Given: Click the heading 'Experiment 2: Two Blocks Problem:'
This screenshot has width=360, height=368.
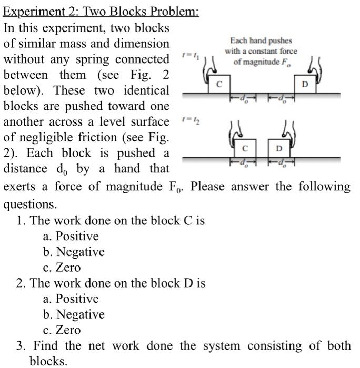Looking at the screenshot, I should click(x=102, y=11).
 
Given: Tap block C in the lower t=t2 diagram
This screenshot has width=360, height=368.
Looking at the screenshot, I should click(x=244, y=149).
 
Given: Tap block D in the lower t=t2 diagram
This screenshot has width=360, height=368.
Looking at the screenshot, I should click(x=279, y=149).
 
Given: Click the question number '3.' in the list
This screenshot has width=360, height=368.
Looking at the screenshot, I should click(x=21, y=346).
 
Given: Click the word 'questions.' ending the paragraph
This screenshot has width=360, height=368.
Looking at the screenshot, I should click(x=28, y=203).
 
